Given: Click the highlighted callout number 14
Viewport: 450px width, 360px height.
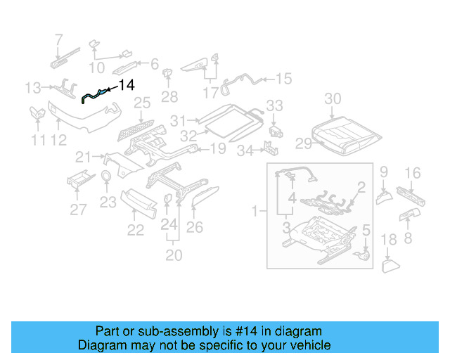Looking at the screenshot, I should pyautogui.click(x=127, y=86).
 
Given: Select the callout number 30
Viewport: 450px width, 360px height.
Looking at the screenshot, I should pyautogui.click(x=333, y=98).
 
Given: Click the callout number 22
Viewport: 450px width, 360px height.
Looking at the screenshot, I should pyautogui.click(x=135, y=229).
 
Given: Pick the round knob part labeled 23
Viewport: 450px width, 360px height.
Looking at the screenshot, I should pyautogui.click(x=105, y=176).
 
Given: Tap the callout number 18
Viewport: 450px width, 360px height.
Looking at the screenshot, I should pyautogui.click(x=389, y=241).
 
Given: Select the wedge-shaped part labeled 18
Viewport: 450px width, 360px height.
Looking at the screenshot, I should pyautogui.click(x=390, y=265).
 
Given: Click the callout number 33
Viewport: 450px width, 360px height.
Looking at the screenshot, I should pyautogui.click(x=274, y=105).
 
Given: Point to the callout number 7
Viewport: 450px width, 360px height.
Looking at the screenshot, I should pyautogui.click(x=59, y=39).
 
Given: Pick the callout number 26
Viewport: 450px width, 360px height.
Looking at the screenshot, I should pyautogui.click(x=194, y=227).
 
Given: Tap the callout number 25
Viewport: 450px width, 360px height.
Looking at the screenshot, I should pyautogui.click(x=142, y=103).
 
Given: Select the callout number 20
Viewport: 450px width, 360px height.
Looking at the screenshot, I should pyautogui.click(x=173, y=254).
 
